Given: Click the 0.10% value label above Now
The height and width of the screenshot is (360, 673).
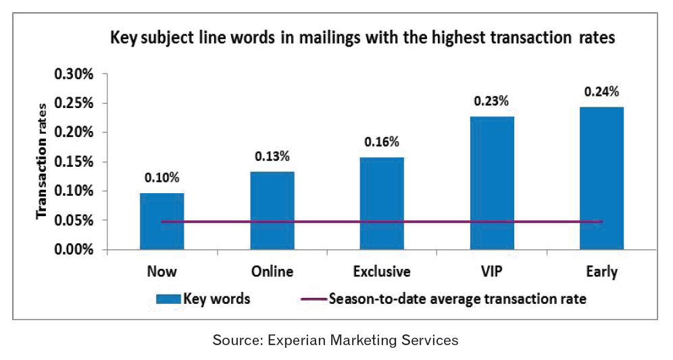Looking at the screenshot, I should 161,178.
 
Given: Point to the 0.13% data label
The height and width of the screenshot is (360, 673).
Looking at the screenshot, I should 272,157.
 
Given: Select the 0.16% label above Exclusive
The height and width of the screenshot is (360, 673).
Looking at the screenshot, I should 382,143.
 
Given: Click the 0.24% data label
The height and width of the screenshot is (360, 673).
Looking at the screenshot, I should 601,91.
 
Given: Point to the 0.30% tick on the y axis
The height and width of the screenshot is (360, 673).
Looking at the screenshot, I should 83,74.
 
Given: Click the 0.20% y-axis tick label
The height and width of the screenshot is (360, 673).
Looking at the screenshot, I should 83,132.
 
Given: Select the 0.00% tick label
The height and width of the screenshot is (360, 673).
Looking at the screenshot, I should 83,250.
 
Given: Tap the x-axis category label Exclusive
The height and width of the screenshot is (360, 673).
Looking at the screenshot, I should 382,272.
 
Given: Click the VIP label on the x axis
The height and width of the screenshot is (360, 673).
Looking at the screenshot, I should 492,272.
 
